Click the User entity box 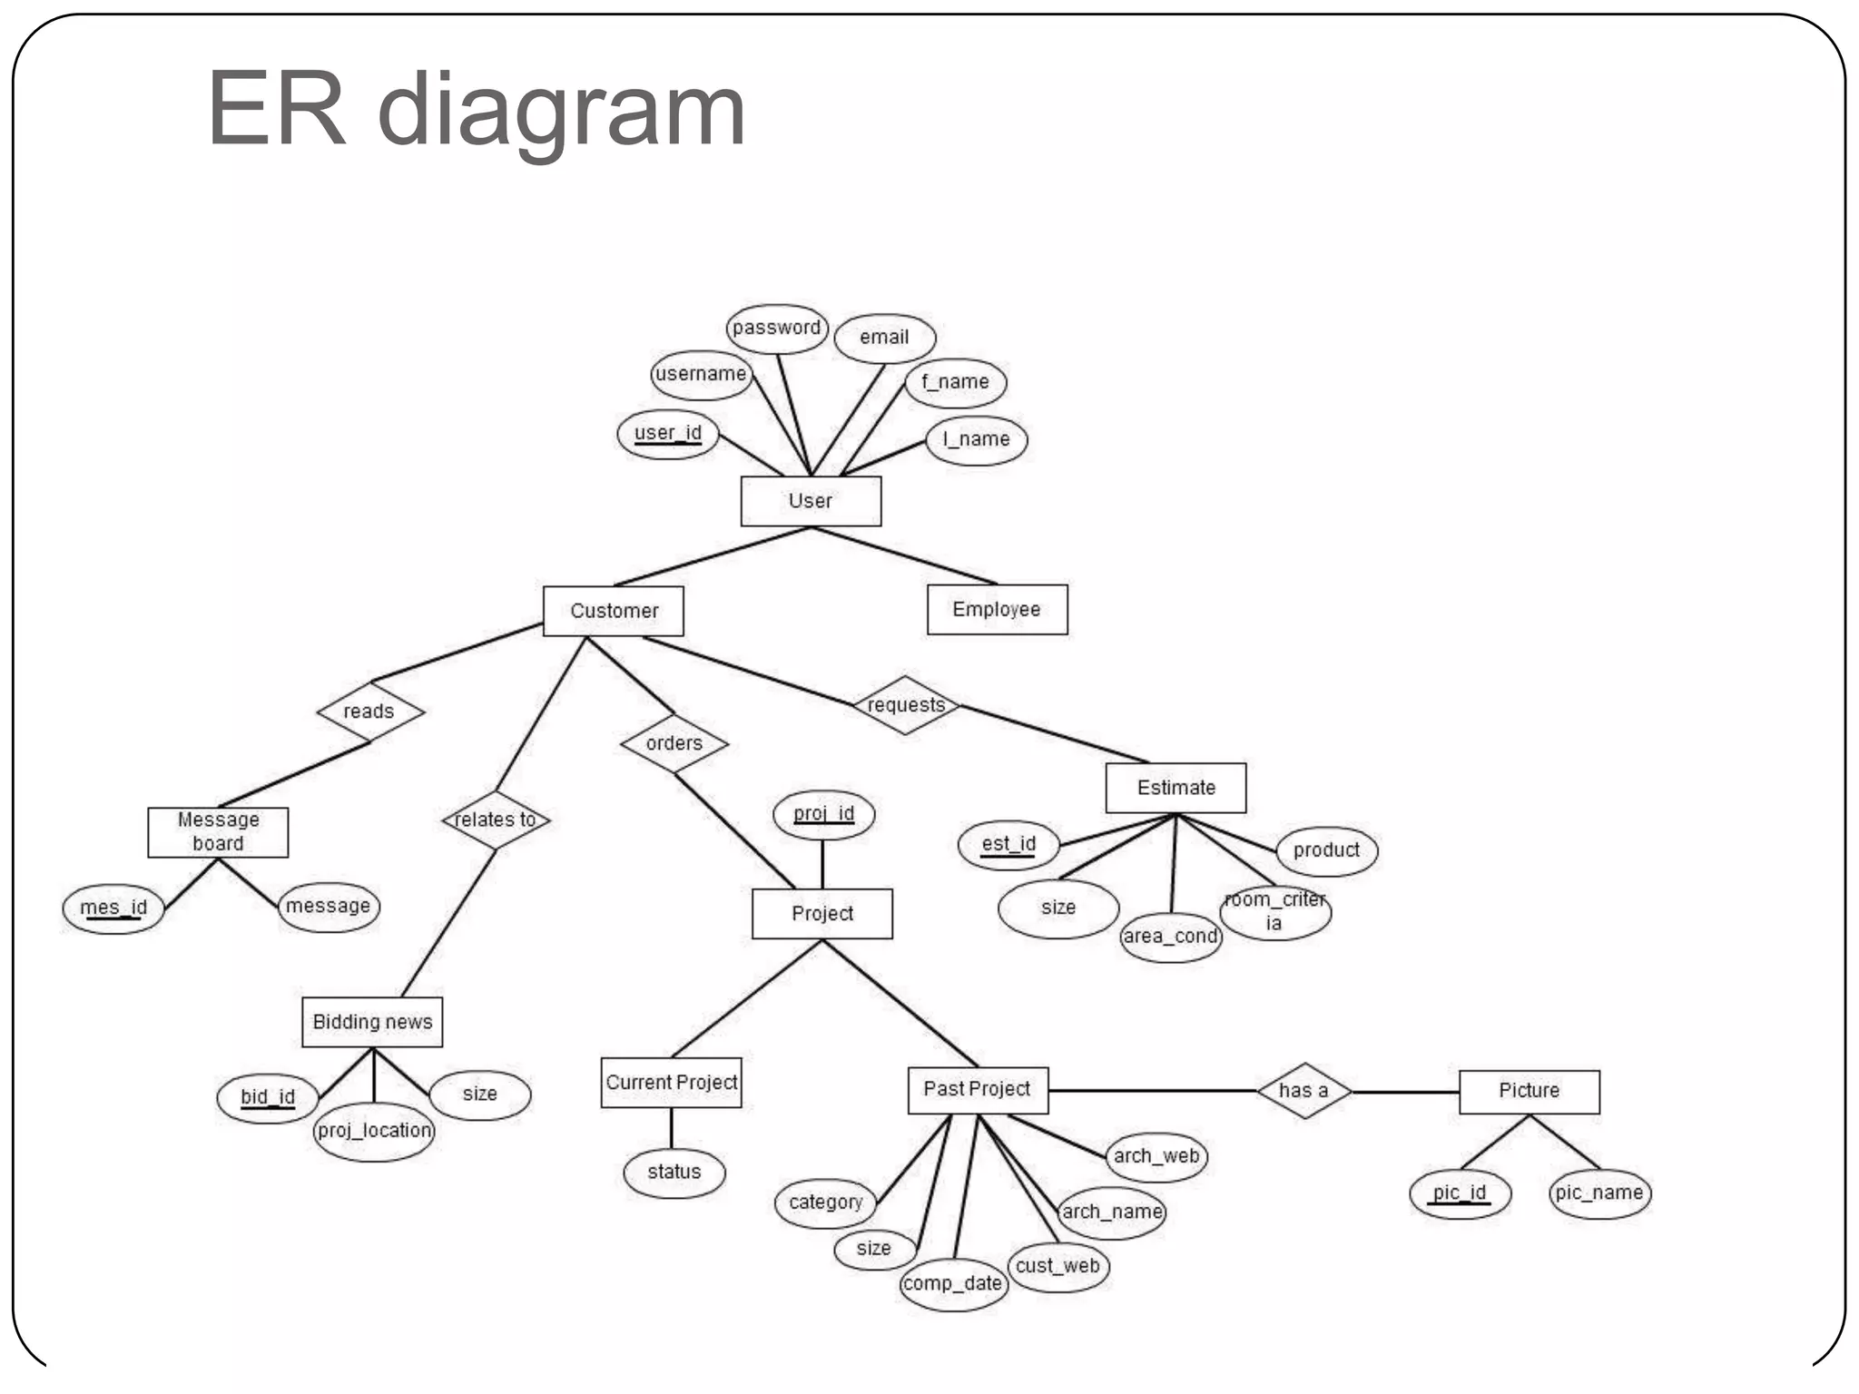coord(811,501)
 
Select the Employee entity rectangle coord(997,609)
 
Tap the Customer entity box coord(614,611)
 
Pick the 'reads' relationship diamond coord(369,712)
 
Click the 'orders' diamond coord(674,743)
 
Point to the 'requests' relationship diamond coord(906,705)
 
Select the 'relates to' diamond coord(496,820)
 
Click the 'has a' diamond coord(1303,1090)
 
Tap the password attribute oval coord(777,328)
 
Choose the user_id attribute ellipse coord(668,434)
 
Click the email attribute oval coord(884,338)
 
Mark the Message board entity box coord(218,832)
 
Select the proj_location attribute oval coord(374,1131)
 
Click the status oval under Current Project coord(674,1173)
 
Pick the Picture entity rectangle coord(1529,1091)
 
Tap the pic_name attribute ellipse coord(1599,1193)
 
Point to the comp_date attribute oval coord(953,1283)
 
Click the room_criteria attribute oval coord(1274,912)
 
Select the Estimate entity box coord(1175,788)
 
